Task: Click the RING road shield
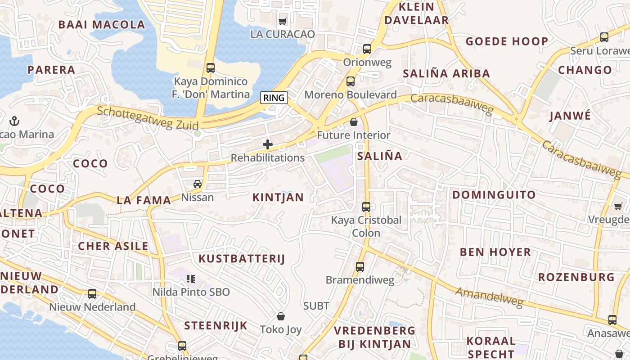274,97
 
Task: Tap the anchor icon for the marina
14,121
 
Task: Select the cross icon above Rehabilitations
268,144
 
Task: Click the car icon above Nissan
198,184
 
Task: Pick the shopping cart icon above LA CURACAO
283,21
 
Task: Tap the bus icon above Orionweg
367,49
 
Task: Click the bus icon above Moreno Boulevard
351,81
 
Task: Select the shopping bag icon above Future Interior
354,122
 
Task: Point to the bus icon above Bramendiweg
360,267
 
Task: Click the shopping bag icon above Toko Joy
281,316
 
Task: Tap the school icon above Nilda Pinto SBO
191,279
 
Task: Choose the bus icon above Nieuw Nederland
92,294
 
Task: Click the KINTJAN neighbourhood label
278,197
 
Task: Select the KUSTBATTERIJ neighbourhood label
242,258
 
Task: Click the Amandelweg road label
489,297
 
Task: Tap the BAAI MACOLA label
102,25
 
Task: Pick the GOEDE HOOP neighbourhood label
507,41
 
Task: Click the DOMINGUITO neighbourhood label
494,195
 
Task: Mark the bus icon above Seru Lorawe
604,37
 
